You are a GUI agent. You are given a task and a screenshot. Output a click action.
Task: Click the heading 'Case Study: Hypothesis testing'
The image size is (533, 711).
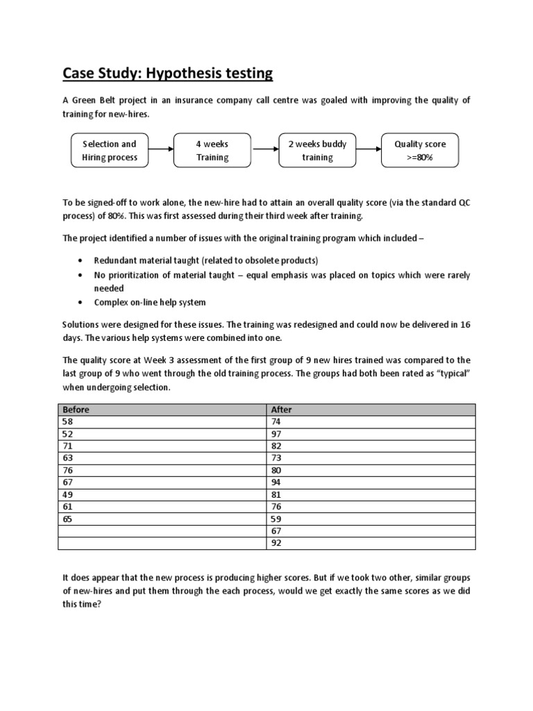click(168, 73)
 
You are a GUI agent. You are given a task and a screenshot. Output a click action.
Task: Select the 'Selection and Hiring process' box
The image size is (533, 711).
click(110, 151)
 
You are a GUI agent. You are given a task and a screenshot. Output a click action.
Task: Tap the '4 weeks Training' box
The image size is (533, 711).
click(212, 151)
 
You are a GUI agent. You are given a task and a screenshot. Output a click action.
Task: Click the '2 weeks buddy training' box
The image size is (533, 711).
click(317, 151)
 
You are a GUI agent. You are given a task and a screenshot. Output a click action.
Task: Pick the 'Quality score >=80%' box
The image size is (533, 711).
click(420, 151)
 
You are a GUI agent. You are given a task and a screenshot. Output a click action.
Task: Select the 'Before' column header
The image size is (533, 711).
click(76, 410)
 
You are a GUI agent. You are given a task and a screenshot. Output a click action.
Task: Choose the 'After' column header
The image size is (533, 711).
click(282, 410)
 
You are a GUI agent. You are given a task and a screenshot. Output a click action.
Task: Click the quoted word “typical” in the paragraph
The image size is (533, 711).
click(453, 375)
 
